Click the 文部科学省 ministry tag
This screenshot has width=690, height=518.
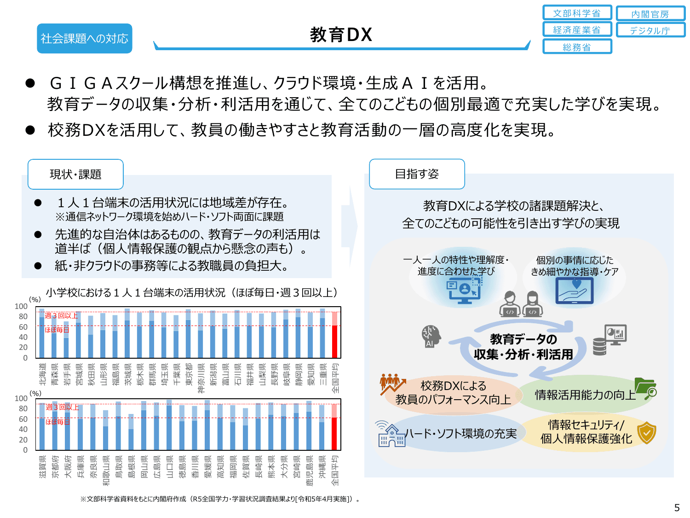click(x=577, y=13)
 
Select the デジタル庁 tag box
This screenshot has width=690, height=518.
click(x=650, y=30)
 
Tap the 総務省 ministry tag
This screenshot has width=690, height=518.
click(x=577, y=47)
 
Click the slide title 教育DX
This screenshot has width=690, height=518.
click(x=341, y=35)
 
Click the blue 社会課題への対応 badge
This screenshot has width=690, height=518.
click(x=84, y=38)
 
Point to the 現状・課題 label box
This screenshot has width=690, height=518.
click(x=75, y=174)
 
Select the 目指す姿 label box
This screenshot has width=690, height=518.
click(x=417, y=174)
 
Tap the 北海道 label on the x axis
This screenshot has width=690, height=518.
click(x=42, y=374)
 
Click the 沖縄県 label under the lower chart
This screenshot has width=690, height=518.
click(x=322, y=466)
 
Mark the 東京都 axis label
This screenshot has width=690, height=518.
click(x=189, y=374)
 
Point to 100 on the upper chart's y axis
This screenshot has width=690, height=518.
click(x=21, y=306)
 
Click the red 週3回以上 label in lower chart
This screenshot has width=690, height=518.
click(x=62, y=407)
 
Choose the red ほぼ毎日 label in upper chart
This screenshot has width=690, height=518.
click(x=57, y=330)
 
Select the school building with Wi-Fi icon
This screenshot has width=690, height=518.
click(x=390, y=434)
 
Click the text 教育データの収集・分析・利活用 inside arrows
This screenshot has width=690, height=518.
click(x=523, y=347)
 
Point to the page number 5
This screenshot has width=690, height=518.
click(x=677, y=507)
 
